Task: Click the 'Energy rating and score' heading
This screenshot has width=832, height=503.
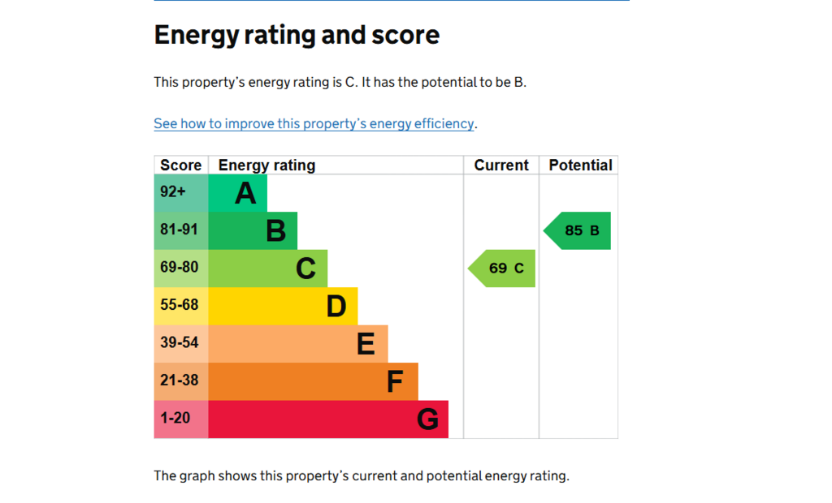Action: tap(297, 36)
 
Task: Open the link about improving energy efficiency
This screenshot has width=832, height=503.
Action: tap(314, 123)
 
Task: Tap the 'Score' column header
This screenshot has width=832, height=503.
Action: tap(181, 166)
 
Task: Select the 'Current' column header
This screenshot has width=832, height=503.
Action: tap(501, 166)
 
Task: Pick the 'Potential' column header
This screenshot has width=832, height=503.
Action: tap(580, 166)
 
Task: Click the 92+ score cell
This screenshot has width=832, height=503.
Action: tap(181, 193)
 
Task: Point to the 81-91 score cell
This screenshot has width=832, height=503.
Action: tap(181, 230)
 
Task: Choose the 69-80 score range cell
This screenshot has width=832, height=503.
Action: tap(181, 269)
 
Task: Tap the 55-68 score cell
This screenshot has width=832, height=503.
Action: tap(181, 306)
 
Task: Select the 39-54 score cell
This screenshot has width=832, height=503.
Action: tap(181, 343)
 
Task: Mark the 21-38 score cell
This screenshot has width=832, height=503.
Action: tap(181, 381)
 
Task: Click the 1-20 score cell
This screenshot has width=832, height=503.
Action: tap(181, 419)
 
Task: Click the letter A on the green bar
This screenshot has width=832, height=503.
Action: tap(245, 193)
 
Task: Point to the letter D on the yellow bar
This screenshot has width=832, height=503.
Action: tap(336, 307)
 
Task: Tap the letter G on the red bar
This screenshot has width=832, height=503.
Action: tap(427, 419)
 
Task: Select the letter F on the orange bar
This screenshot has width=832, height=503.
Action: tap(395, 381)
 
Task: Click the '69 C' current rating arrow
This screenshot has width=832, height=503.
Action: tap(501, 269)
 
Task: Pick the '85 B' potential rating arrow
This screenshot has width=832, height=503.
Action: tap(577, 230)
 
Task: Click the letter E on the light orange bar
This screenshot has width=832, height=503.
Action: tap(366, 344)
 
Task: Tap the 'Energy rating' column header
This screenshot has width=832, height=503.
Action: tap(266, 166)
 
